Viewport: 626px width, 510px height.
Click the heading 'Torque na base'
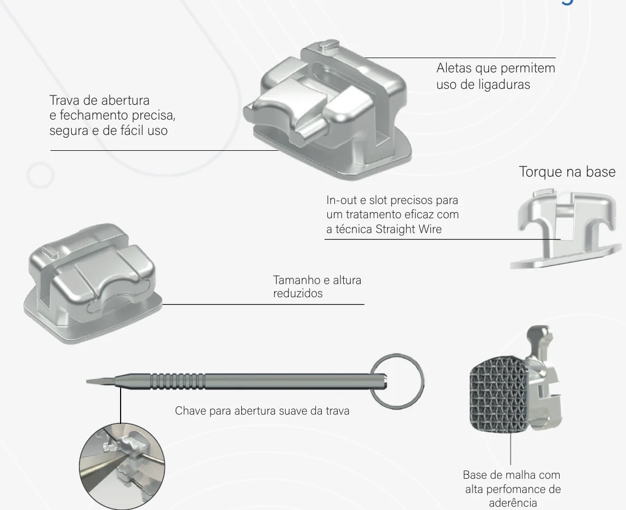coord(567,172)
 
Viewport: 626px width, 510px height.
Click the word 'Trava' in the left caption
coord(65,100)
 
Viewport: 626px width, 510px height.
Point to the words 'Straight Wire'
coord(408,229)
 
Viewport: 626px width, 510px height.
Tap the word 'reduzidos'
coord(298,293)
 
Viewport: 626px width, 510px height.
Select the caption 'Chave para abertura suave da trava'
coord(262,411)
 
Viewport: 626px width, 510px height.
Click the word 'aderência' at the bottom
coord(513,502)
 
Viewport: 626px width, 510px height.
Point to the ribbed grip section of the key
coord(178,381)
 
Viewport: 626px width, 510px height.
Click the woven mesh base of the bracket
coord(499,395)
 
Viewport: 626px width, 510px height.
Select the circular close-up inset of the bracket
coord(122,466)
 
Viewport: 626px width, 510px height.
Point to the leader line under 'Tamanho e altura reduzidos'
coord(263,304)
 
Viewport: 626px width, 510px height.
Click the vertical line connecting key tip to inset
coord(121,405)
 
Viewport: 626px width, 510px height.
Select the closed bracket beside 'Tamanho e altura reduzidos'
coord(93,284)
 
